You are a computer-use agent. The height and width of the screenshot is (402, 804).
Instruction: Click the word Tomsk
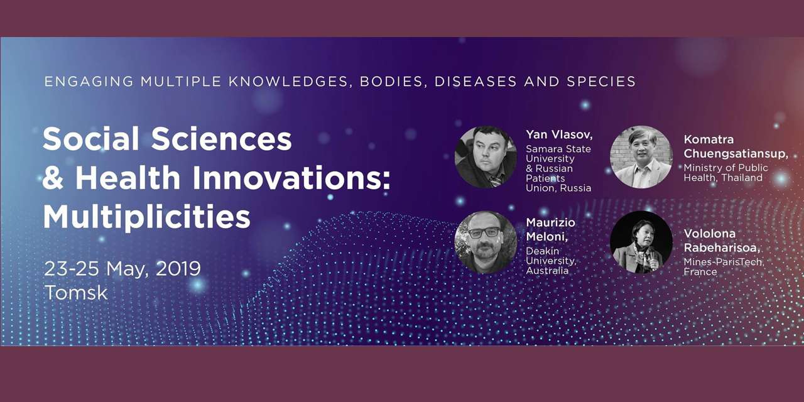76,293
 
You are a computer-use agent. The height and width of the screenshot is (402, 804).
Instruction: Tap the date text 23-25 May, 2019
122,269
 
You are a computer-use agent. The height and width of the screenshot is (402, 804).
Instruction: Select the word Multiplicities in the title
147,217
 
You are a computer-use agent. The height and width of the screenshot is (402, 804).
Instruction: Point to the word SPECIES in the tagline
601,82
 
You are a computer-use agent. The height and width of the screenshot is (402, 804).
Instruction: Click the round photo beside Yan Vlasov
486,157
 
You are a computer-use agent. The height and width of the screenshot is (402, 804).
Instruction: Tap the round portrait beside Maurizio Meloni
486,242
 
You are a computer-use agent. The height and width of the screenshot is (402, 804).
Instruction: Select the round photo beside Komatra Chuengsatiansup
641,157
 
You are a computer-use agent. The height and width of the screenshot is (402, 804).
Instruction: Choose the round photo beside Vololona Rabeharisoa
641,242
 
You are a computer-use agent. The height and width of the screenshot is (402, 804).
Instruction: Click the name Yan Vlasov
559,134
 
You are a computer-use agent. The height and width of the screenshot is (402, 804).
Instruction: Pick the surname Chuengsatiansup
736,154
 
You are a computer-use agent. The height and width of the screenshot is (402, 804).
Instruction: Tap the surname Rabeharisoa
722,248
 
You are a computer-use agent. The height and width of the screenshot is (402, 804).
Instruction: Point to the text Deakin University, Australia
551,261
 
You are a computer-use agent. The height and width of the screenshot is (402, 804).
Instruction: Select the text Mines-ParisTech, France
724,267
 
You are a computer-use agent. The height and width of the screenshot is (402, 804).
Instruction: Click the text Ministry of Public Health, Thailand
725,173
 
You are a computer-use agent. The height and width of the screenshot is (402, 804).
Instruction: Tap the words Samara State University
558,154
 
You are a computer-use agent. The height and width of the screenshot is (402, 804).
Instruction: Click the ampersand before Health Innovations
53,178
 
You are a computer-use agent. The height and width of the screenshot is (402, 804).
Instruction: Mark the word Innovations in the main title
291,178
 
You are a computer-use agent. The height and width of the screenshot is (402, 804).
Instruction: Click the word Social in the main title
91,139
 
